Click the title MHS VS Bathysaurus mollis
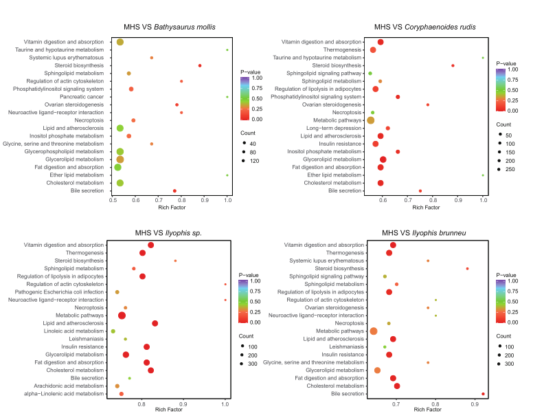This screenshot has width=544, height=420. click(170, 27)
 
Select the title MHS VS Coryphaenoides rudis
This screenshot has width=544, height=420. click(424, 27)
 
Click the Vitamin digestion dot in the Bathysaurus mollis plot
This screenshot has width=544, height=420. click(120, 42)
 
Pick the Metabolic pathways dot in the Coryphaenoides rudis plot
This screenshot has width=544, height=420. click(371, 120)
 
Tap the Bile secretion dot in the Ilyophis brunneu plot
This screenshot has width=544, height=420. click(483, 394)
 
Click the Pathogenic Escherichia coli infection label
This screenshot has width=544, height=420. click(63, 292)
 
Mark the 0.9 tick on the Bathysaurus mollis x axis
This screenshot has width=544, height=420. click(205, 200)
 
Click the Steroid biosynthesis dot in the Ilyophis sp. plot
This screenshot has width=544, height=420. click(175, 261)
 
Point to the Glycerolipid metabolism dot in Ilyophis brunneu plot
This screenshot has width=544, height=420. click(377, 370)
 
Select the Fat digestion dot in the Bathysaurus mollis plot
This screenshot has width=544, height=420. click(117, 167)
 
